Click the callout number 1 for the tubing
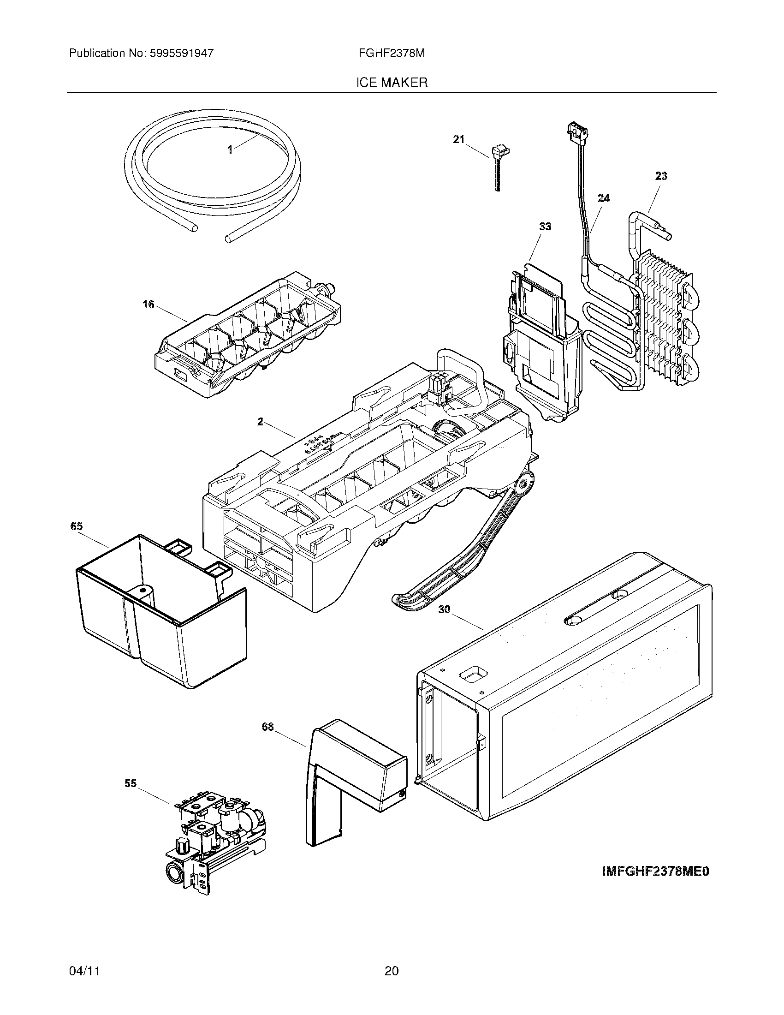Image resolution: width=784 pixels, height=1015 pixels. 230,149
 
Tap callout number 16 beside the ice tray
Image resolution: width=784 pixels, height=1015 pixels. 148,305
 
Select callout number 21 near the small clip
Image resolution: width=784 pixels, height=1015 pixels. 459,139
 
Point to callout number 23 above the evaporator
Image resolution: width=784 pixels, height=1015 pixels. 661,176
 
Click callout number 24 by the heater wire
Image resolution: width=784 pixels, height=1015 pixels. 603,198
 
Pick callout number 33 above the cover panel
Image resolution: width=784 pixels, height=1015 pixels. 545,227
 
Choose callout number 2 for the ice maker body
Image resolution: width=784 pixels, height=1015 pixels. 260,422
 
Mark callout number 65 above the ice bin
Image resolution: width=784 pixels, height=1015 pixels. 77,526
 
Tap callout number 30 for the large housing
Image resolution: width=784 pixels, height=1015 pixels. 444,609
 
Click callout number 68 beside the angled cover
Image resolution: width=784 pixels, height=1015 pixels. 268,727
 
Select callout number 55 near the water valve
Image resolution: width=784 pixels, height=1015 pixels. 131,783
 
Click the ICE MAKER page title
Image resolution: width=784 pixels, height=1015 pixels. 392,83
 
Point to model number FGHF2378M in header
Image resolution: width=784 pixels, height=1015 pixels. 392,53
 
